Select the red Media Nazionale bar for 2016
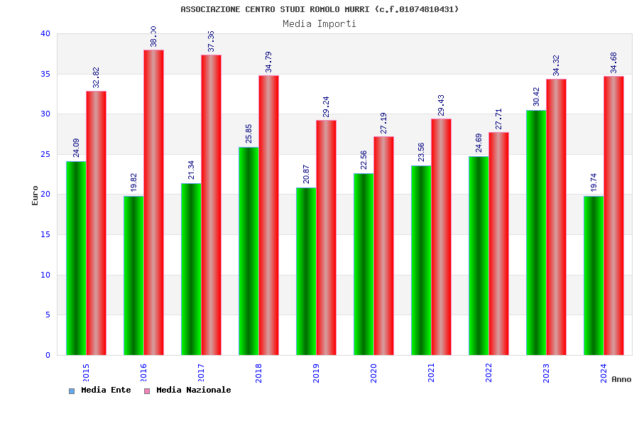153,202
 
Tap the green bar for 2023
536,232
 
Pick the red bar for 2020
383,246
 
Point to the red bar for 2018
268,215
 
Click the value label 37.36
211,41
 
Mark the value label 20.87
306,174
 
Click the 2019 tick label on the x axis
316,373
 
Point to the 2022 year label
488,373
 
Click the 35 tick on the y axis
45,74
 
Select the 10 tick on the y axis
45,275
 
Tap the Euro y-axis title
35,195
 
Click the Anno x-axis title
621,379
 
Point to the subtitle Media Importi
319,23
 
